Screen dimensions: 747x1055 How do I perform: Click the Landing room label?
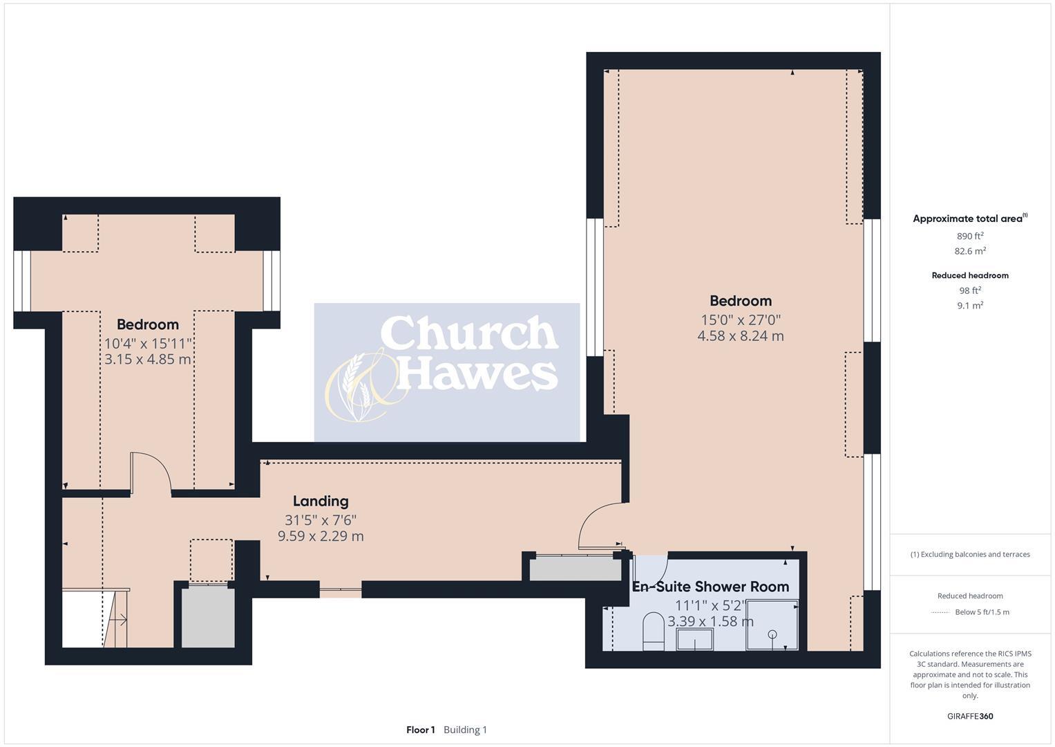click(x=320, y=501)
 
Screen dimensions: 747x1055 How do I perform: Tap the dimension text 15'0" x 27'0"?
click(x=741, y=320)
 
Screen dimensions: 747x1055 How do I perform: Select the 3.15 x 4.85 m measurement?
click(x=147, y=360)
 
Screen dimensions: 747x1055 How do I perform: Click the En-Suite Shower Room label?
click(x=710, y=587)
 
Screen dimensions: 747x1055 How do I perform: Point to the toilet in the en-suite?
click(x=653, y=631)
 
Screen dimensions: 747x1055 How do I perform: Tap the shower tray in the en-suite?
click(x=772, y=625)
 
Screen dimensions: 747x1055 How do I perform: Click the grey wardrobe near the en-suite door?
click(x=575, y=569)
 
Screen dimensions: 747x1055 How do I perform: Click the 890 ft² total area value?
click(x=969, y=236)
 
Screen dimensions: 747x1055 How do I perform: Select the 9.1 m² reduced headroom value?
click(x=969, y=305)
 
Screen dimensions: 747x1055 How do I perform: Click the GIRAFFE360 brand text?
click(x=969, y=717)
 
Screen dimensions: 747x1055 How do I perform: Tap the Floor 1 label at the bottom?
click(x=420, y=730)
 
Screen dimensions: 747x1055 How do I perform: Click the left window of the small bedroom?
click(x=22, y=281)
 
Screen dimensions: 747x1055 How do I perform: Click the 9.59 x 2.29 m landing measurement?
click(x=320, y=536)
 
